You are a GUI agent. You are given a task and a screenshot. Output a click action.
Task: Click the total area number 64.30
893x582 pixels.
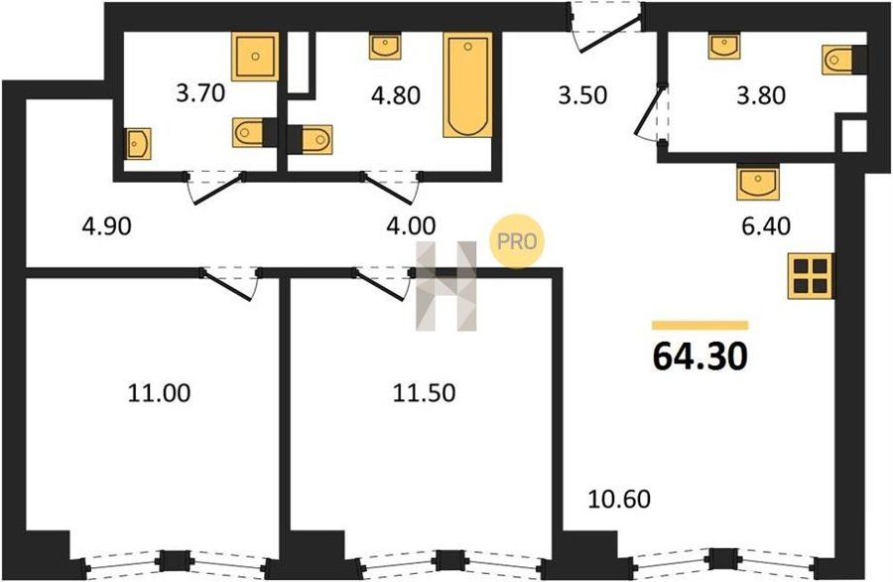tap(700, 357)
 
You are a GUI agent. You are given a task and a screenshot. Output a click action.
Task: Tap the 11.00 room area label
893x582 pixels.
tap(159, 392)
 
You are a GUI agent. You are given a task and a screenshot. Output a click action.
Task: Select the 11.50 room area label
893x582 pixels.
tap(424, 392)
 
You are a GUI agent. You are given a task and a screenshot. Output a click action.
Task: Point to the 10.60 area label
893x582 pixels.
tap(619, 499)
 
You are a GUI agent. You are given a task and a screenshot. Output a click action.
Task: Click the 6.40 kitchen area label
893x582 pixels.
tap(765, 226)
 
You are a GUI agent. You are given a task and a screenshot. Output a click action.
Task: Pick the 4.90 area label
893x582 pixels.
tap(106, 226)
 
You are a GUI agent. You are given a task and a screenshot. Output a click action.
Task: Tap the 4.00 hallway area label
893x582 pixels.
tap(411, 226)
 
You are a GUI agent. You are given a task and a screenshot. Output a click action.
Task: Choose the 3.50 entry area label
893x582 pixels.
tap(582, 95)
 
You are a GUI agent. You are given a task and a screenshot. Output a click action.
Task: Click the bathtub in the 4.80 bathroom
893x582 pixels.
tap(467, 85)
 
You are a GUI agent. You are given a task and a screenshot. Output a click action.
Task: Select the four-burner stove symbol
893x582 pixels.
tap(810, 276)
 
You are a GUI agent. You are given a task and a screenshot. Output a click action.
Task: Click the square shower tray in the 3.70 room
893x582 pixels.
tap(255, 56)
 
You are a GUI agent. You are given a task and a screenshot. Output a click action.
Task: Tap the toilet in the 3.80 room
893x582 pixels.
tap(844, 60)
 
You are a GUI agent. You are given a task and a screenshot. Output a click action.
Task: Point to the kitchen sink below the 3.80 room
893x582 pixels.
tap(757, 182)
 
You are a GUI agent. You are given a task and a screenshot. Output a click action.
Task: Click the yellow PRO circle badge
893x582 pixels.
tap(517, 241)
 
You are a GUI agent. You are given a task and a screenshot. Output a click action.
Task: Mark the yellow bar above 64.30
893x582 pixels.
tap(700, 325)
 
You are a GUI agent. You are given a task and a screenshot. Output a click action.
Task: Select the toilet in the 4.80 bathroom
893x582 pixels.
tap(310, 139)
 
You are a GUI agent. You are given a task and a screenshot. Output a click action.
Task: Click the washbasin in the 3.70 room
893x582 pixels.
tap(138, 144)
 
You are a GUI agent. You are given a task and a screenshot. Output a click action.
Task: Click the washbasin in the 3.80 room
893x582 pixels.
tap(724, 46)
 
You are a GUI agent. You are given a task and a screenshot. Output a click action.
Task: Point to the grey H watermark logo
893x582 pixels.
tap(446, 286)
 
